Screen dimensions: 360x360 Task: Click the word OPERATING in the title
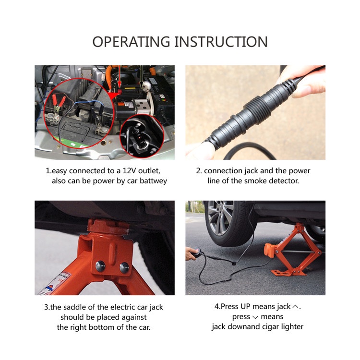click(x=131, y=42)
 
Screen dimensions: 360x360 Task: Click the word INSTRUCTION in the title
click(x=221, y=42)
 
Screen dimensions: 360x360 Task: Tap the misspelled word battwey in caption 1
click(x=153, y=181)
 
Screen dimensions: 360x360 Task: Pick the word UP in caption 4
click(x=245, y=306)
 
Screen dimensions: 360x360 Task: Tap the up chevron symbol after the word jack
click(x=296, y=307)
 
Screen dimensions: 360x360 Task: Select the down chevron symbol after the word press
click(x=255, y=317)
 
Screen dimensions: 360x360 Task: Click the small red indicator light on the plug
click(x=140, y=136)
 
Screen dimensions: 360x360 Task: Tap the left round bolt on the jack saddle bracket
click(x=100, y=266)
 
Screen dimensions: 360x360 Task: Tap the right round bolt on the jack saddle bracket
click(x=124, y=267)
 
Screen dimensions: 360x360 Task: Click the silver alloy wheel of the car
click(x=220, y=217)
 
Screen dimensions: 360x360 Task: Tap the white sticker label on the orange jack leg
click(x=55, y=283)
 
